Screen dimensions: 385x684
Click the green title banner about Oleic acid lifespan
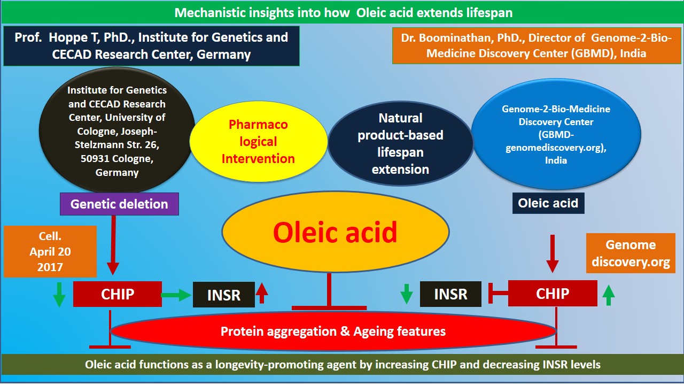tap(342, 12)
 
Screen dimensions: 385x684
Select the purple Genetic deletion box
tap(119, 204)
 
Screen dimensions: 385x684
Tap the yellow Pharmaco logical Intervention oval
tap(258, 142)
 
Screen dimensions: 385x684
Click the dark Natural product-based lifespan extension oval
tap(400, 144)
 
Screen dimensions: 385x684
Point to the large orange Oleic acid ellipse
tap(335, 232)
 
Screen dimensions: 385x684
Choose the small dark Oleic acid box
tap(548, 203)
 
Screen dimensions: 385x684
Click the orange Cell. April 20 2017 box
tap(50, 251)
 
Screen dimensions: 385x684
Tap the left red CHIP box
tap(118, 294)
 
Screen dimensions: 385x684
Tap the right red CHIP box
tap(553, 294)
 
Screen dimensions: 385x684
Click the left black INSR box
tap(224, 295)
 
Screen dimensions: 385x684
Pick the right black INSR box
tap(450, 294)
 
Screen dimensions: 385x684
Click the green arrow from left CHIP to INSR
tap(177, 294)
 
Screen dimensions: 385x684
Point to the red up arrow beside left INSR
tap(262, 293)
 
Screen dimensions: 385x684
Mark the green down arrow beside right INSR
tap(407, 294)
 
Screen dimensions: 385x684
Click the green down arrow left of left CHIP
tap(59, 295)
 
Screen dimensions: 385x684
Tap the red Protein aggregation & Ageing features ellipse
tap(333, 332)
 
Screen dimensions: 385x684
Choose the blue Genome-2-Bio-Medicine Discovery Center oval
tap(556, 135)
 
